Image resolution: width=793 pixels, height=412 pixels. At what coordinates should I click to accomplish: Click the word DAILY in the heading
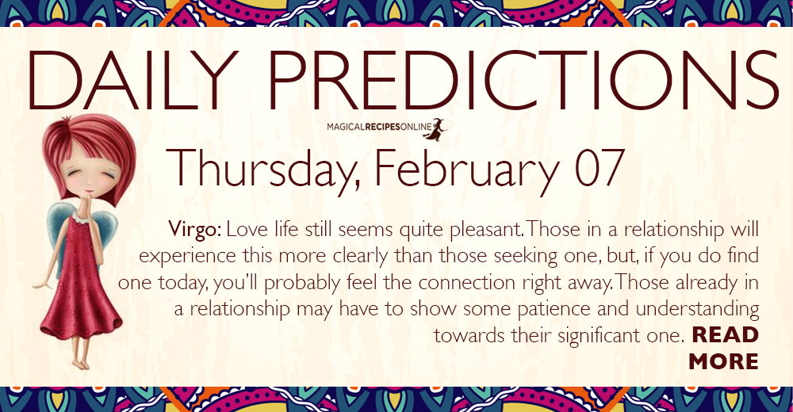click(133, 80)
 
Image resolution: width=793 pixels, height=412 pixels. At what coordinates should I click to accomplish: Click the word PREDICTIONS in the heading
click(523, 80)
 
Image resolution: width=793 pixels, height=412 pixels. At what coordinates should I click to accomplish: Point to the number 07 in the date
click(600, 167)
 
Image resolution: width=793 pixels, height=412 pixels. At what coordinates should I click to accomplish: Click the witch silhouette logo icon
click(435, 129)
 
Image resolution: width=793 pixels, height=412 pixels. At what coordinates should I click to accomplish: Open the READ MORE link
click(724, 348)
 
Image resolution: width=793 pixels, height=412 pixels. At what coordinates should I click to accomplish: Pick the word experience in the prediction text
click(188, 257)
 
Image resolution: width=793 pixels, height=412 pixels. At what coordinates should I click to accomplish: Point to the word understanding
click(697, 309)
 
